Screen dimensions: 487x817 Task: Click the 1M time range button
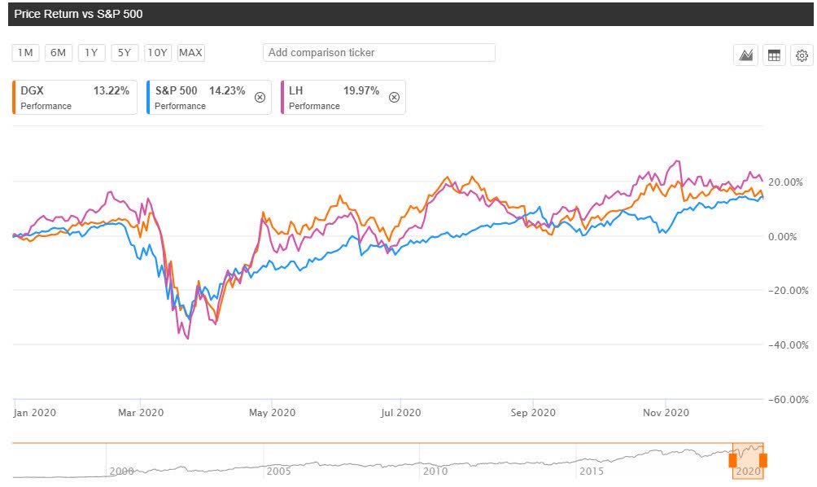pyautogui.click(x=25, y=53)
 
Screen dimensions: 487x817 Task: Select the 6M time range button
pyautogui.click(x=58, y=53)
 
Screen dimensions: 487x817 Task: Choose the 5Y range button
pyautogui.click(x=125, y=53)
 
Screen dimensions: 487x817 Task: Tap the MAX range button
pyautogui.click(x=191, y=53)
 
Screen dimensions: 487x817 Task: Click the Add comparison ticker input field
pyautogui.click(x=378, y=53)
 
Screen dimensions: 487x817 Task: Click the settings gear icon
pyautogui.click(x=802, y=55)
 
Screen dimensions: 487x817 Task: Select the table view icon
pyautogui.click(x=774, y=55)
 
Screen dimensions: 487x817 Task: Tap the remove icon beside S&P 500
pyautogui.click(x=260, y=97)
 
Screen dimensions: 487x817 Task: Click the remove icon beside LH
pyautogui.click(x=394, y=97)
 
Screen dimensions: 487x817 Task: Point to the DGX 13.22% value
pyautogui.click(x=111, y=91)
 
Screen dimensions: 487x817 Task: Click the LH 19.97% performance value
pyautogui.click(x=362, y=91)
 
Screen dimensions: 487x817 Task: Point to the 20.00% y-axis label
pyautogui.click(x=786, y=182)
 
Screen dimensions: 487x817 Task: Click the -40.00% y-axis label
pyautogui.click(x=784, y=344)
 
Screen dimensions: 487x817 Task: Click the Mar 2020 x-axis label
pyautogui.click(x=141, y=413)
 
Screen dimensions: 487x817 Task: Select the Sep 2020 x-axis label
pyautogui.click(x=533, y=413)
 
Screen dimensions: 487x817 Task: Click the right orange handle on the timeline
pyautogui.click(x=762, y=461)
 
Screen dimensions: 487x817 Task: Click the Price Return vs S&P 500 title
pyautogui.click(x=72, y=14)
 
